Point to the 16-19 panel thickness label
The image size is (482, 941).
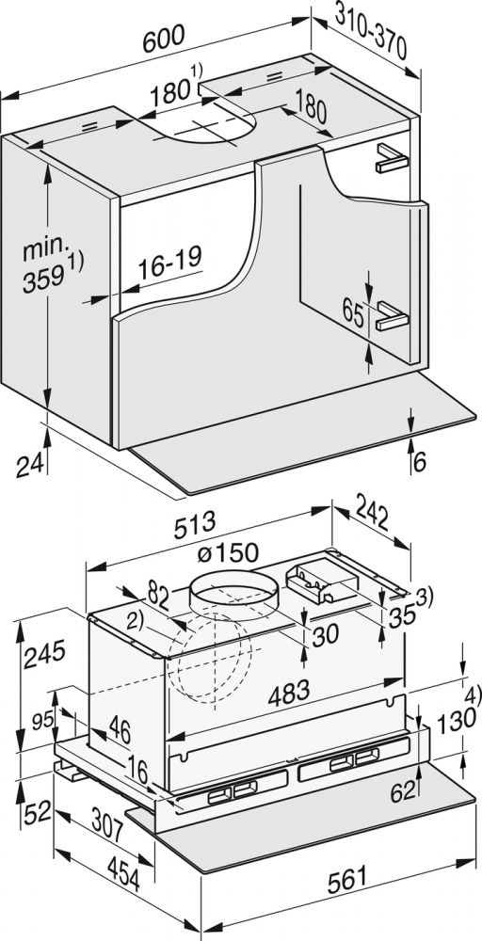[x=169, y=259]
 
